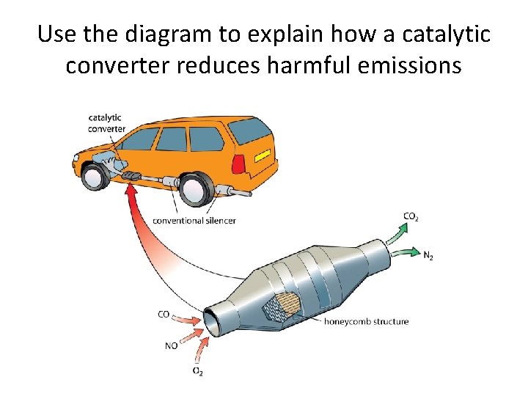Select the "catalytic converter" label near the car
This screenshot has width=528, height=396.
[x=106, y=122]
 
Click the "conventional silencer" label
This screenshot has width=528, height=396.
[x=194, y=220]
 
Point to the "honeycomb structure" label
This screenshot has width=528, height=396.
[x=367, y=321]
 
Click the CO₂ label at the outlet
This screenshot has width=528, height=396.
[x=411, y=216]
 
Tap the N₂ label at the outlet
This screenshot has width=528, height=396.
[x=428, y=256]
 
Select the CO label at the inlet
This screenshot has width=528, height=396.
[x=164, y=315]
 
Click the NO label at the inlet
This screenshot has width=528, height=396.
[x=170, y=344]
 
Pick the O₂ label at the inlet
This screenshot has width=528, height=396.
[x=197, y=372]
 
